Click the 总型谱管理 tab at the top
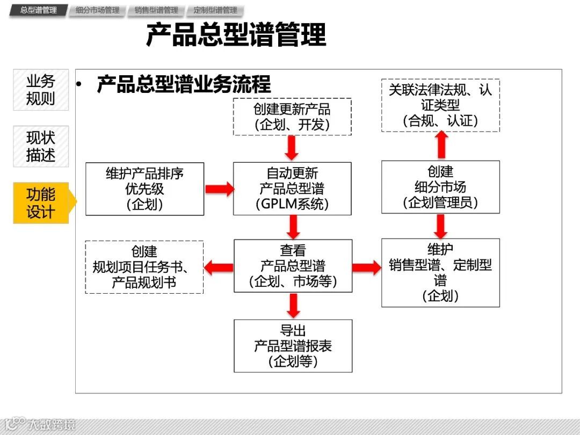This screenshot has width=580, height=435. [39, 10]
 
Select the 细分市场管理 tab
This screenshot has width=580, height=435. [98, 10]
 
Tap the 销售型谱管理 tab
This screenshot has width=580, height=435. [156, 10]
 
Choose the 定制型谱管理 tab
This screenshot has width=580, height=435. [215, 10]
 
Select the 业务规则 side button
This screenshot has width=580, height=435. [41, 90]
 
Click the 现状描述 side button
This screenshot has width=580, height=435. [41, 146]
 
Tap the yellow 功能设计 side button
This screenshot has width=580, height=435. [41, 202]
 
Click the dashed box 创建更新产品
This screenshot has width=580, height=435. [292, 117]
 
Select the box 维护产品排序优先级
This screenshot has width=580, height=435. [145, 189]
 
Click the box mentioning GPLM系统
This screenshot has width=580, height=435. [292, 189]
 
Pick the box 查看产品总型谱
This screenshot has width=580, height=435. [293, 266]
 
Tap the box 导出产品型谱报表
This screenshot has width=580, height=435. [293, 346]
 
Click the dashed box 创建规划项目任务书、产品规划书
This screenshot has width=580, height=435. [144, 267]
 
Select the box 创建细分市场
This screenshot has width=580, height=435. [440, 187]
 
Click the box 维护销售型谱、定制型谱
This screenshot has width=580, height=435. [440, 272]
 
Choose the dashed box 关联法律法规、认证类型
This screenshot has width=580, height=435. [440, 105]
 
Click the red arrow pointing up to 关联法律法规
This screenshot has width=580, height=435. [441, 144]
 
